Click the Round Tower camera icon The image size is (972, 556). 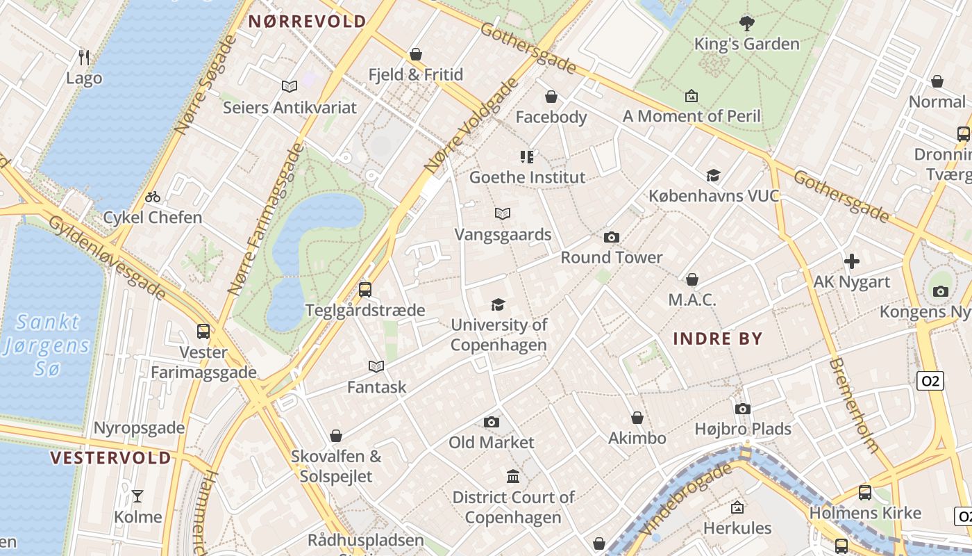coord(611,238)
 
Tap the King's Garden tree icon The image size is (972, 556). coord(747,24)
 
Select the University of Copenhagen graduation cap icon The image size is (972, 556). coord(498,304)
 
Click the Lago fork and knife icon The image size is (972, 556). coord(84,57)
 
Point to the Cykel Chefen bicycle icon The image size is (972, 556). coord(153,197)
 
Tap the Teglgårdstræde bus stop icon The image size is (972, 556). coord(365,290)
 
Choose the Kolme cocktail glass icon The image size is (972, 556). coord(137,496)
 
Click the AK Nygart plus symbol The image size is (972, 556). coord(852,262)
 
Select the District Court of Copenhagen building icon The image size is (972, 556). coord(513,477)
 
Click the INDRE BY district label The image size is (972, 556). coord(718,339)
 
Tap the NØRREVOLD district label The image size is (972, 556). coord(307,22)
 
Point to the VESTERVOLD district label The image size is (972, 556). coord(110,458)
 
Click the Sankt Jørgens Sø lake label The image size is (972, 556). coord(47,345)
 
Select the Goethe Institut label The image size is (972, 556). coord(528,177)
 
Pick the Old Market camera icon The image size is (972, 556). coord(492,422)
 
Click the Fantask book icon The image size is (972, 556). coord(376,366)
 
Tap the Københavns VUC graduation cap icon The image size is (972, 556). coord(714,175)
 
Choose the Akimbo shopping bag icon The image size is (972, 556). coord(637,418)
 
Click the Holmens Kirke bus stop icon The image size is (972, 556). coord(865,493)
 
